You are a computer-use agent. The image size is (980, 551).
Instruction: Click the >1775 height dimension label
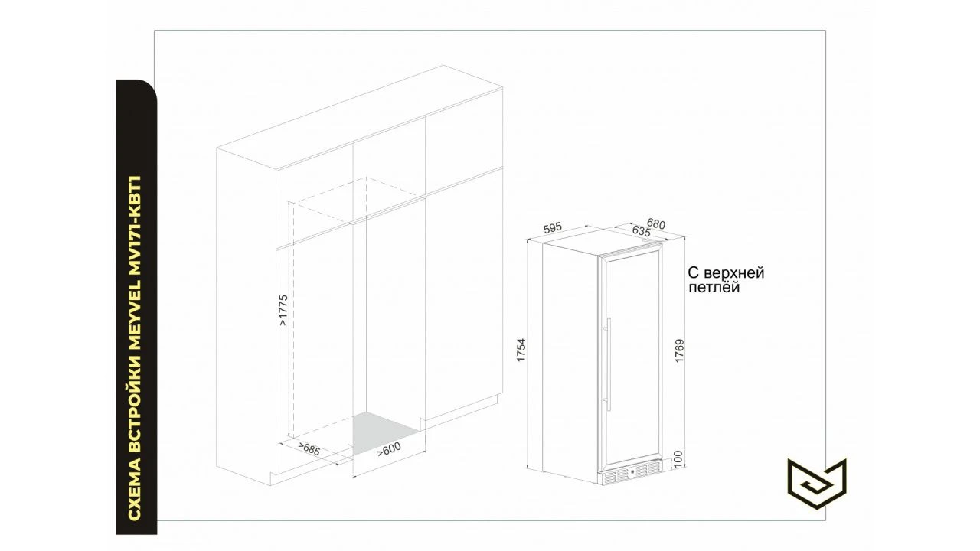pos(283,310)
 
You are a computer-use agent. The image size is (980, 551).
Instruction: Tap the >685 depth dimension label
pos(309,448)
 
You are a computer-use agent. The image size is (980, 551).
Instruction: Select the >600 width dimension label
pos(389,448)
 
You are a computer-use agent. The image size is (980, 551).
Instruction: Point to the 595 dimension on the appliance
pos(553,228)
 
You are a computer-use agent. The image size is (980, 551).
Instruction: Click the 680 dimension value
pos(656,224)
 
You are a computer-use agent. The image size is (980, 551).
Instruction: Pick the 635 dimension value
pos(642,231)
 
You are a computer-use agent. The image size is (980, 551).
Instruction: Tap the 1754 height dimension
pos(521,350)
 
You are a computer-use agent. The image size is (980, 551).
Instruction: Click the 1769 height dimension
pos(679,350)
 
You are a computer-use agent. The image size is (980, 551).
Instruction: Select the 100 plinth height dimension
pos(678,459)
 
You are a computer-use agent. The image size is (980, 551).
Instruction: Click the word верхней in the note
pos(733,273)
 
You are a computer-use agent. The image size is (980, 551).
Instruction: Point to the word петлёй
pos(714,287)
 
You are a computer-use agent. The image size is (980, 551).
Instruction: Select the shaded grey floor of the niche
pos(385,432)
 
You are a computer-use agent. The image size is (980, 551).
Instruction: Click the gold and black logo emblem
pos(817,483)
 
